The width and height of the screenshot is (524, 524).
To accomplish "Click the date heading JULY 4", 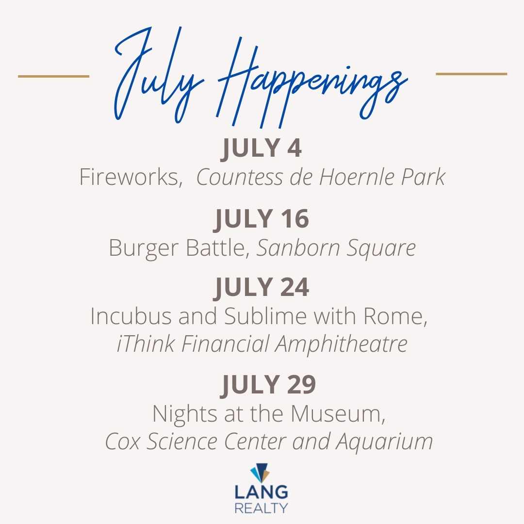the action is (x=262, y=148).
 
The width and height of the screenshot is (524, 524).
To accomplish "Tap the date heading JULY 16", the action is (x=262, y=219).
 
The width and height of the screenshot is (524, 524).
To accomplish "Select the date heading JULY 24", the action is (x=262, y=287).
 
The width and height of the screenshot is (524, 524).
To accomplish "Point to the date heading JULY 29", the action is (x=268, y=385).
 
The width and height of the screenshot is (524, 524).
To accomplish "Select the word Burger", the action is (x=144, y=248).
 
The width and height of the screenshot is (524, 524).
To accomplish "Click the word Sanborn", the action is (x=299, y=248).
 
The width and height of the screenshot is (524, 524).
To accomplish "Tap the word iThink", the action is (x=146, y=344).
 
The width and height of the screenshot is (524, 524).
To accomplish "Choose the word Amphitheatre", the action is (x=341, y=344).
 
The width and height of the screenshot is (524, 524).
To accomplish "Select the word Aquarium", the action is (x=384, y=442).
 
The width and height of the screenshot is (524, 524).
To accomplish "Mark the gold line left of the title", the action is (x=53, y=76).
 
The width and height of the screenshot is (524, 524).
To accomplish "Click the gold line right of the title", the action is (x=472, y=74).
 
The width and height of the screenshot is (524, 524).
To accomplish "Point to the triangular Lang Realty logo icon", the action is (x=260, y=472).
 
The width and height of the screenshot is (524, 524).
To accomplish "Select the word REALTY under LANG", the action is (x=261, y=508).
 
